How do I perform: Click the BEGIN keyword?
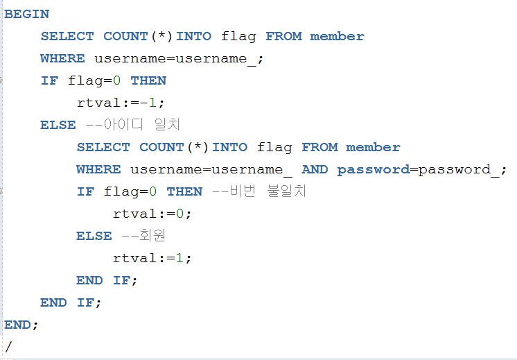tap(27, 14)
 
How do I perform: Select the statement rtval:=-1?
tap(122, 103)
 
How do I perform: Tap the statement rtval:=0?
tap(152, 214)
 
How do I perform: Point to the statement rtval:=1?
tap(152, 258)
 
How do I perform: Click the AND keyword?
tap(315, 169)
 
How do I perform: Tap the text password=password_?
tap(422, 169)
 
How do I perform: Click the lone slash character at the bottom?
tap(8, 345)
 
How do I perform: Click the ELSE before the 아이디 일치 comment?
tap(58, 125)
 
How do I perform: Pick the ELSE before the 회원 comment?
tap(94, 236)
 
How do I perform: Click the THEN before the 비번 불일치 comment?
tap(184, 191)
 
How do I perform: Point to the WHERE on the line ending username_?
tap(62, 58)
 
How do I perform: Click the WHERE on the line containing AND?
tap(98, 169)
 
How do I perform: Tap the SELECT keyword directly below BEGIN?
tap(67, 36)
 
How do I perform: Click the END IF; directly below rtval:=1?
tap(107, 280)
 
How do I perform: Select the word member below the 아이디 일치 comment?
tap(373, 147)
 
